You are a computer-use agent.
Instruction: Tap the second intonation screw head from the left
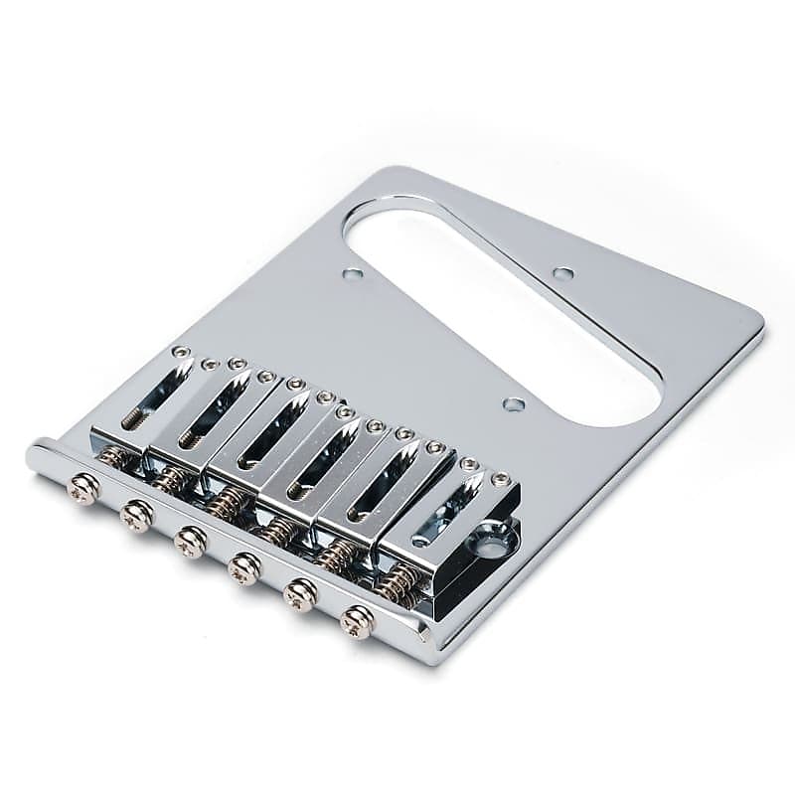coord(136,515)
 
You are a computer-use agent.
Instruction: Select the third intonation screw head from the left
coord(190,541)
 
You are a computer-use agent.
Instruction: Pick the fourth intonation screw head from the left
coord(244,567)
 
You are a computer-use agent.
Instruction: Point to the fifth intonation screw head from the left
coord(299,594)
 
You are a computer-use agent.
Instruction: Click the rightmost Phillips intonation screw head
coord(357,621)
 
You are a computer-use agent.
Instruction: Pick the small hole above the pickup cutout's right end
coord(563,273)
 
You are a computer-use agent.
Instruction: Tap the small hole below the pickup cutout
coord(514,404)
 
